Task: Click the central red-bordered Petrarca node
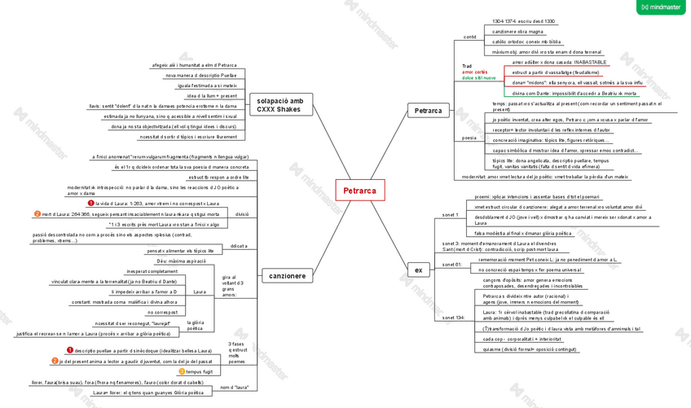[359, 191]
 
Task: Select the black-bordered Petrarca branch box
[428, 110]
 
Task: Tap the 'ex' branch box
[418, 270]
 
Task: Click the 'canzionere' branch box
[287, 276]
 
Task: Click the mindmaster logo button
[661, 7]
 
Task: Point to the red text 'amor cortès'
[474, 72]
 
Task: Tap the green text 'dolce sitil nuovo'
[478, 77]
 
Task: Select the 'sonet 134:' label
[454, 317]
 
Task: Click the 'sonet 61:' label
[451, 265]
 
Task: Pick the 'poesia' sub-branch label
[469, 138]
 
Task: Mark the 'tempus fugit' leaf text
[199, 371]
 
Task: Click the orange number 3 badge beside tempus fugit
[182, 371]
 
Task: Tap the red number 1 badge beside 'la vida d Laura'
[91, 203]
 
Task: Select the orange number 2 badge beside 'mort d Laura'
[37, 214]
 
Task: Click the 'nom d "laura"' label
[235, 388]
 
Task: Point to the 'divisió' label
[241, 214]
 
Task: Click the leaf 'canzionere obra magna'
[518, 32]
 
